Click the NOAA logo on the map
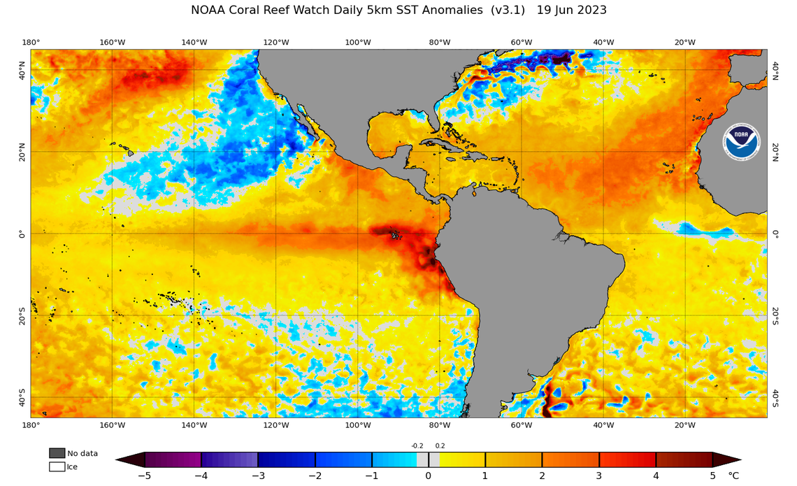[x=740, y=142]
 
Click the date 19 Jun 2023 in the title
[x=571, y=10]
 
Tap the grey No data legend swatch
[x=57, y=453]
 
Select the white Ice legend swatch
[x=57, y=466]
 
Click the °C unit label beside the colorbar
[x=733, y=476]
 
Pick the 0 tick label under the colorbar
[x=429, y=476]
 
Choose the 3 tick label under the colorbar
[x=599, y=476]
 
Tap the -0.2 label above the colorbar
[x=417, y=445]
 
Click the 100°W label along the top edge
[x=358, y=43]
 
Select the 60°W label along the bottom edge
[x=522, y=425]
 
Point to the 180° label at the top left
[x=31, y=43]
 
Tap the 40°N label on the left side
[x=22, y=70]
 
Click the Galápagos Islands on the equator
[x=395, y=235]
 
